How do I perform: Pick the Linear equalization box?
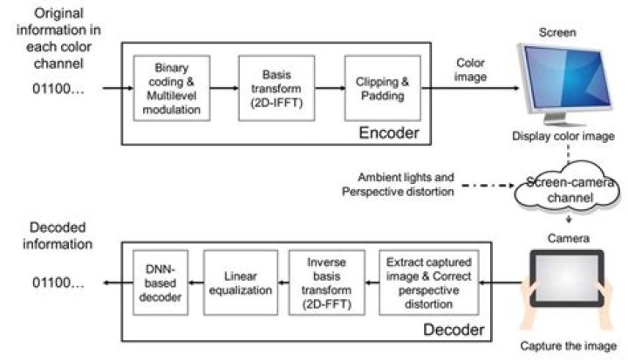[240, 282]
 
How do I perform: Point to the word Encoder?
[390, 133]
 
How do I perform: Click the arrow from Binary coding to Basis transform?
[226, 88]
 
